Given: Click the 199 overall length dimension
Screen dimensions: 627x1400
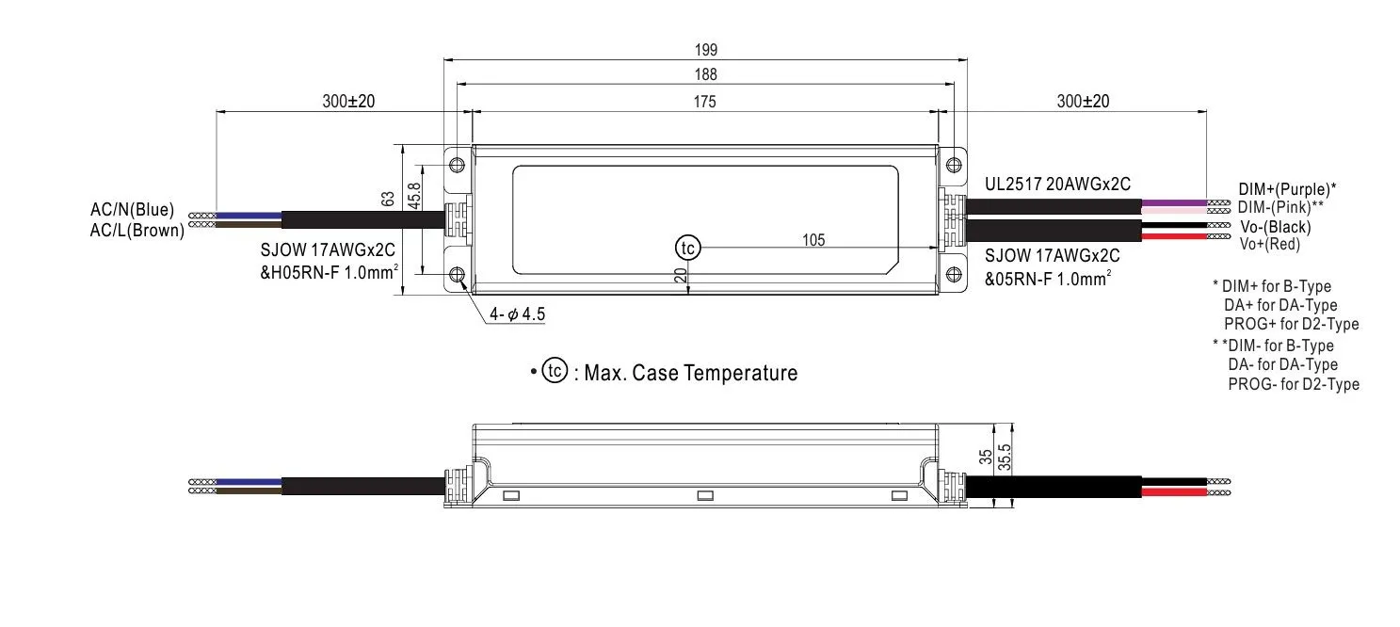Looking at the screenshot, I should click(704, 50).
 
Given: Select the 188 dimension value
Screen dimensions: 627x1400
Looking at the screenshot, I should click(704, 74).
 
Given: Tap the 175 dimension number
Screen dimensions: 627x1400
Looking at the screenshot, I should click(704, 101).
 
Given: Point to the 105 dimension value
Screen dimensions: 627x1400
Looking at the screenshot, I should click(813, 240).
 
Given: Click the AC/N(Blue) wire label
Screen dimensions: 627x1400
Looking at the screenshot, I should click(133, 210).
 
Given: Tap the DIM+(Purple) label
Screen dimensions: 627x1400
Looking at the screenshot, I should click(1289, 189).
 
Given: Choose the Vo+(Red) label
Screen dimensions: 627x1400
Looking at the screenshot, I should click(1270, 244).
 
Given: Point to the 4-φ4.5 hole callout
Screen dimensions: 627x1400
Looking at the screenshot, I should click(517, 314).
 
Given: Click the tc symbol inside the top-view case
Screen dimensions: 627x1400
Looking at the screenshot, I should click(687, 248).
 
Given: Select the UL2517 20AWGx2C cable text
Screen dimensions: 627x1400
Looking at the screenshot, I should click(1057, 184).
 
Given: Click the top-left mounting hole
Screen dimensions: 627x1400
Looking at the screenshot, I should click(458, 165).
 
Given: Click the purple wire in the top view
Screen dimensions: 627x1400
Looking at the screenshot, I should click(1173, 203).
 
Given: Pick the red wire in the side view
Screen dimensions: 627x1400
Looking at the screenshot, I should click(1173, 491).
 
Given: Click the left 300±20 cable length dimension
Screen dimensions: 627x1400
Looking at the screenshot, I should click(348, 102).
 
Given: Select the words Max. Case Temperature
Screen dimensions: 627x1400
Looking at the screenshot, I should click(691, 373).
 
